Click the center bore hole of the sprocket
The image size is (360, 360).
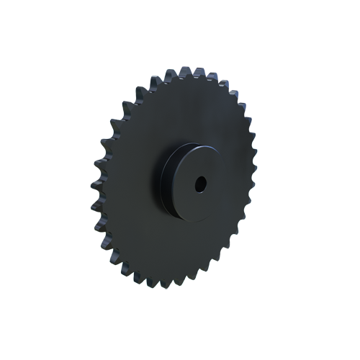click(x=199, y=184)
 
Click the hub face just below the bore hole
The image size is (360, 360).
click(x=198, y=205)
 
